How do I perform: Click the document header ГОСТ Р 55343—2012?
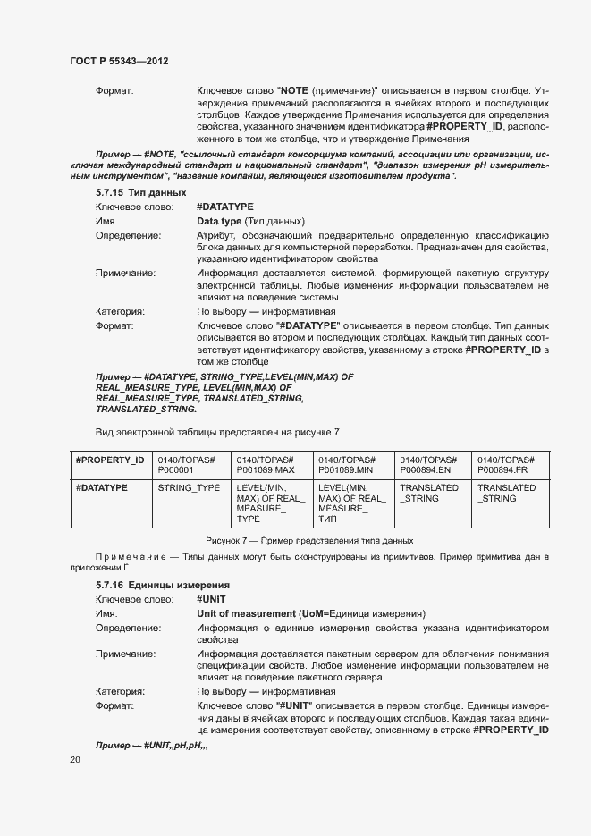tap(119, 62)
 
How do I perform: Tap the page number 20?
tap(74, 760)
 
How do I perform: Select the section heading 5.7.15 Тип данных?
tap(141, 192)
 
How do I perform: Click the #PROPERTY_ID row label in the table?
tap(110, 459)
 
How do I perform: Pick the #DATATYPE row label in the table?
tap(102, 488)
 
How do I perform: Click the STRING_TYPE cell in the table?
tap(189, 488)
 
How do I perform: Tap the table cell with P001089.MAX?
tap(266, 464)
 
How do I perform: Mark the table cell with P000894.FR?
tap(507, 464)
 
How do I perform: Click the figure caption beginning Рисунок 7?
tap(309, 540)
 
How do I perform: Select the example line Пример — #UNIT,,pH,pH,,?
tap(151, 745)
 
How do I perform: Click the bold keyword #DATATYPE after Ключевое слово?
tap(224, 207)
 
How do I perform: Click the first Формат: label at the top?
tap(114, 91)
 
